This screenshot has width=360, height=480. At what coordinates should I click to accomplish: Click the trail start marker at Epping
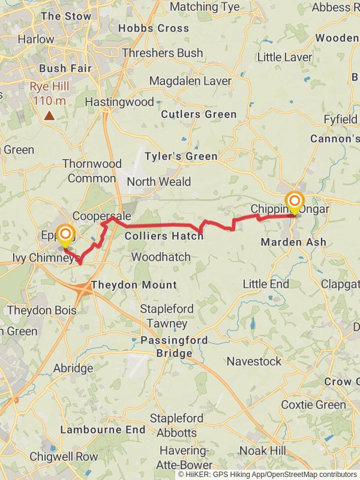(65, 235)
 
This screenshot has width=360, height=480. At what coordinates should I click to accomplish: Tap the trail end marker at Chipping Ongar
(294, 202)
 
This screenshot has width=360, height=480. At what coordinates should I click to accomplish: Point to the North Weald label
(158, 181)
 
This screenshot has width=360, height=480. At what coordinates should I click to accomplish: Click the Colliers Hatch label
(164, 236)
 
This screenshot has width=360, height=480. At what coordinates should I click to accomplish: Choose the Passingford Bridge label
(174, 346)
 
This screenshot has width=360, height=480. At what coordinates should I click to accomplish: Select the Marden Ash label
(294, 242)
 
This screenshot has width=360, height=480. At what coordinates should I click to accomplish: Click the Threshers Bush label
(162, 53)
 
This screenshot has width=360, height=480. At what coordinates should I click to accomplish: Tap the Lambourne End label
(103, 430)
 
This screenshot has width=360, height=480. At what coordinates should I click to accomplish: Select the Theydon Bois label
(42, 310)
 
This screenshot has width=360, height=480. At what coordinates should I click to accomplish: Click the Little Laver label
(284, 58)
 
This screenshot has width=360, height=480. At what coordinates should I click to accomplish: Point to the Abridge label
(73, 368)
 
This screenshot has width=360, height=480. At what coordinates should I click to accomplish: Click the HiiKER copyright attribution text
(267, 474)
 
